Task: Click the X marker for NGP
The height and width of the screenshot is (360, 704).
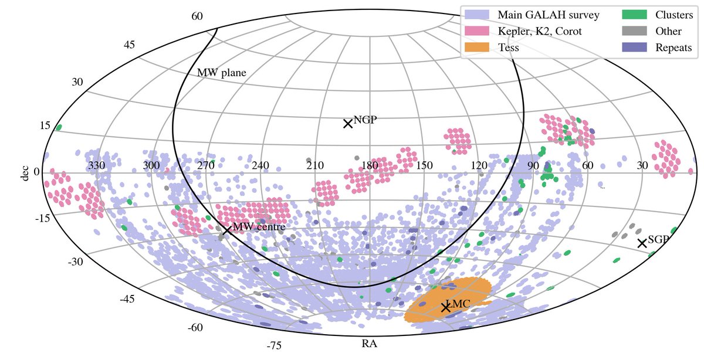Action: click(347, 123)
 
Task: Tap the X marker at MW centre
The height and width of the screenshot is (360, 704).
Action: click(226, 229)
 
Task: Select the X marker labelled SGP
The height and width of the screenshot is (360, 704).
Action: click(642, 243)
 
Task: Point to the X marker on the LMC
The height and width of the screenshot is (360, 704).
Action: click(445, 307)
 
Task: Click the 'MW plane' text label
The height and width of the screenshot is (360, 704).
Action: click(222, 73)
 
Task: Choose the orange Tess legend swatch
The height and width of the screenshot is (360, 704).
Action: click(478, 48)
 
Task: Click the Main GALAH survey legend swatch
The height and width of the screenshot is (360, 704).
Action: click(478, 14)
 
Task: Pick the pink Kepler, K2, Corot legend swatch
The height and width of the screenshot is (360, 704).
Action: click(478, 31)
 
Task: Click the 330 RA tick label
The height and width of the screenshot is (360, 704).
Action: click(96, 166)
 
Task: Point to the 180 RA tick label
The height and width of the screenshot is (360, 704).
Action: click(369, 166)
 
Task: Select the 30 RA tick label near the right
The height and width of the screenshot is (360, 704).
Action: click(642, 166)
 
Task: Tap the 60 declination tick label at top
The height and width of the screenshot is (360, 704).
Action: click(197, 16)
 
